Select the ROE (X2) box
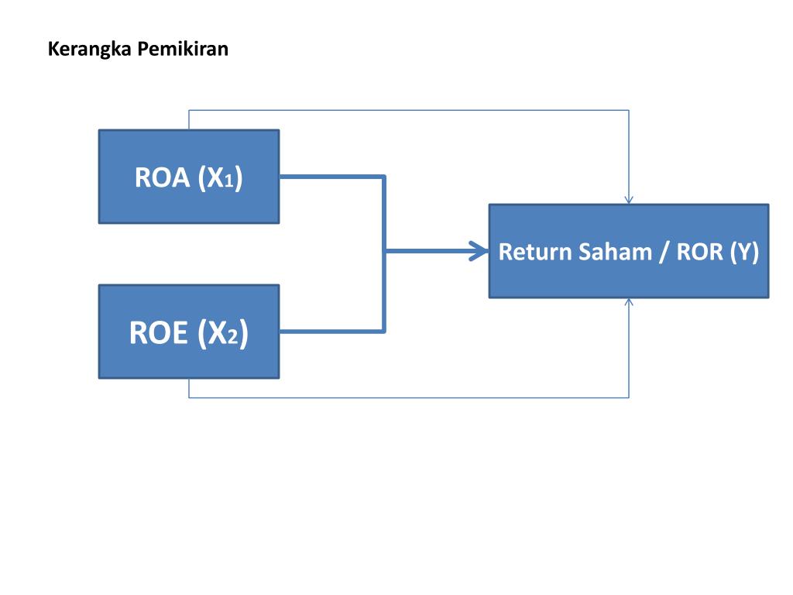[x=189, y=360]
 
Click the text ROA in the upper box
[x=162, y=177]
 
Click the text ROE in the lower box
[x=159, y=333]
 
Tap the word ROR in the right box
[x=699, y=253]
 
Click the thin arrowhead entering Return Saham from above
[x=629, y=199]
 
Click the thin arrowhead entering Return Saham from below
[x=629, y=302]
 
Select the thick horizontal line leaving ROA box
[x=331, y=177]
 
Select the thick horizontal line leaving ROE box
[x=331, y=332]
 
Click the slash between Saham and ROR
[x=664, y=253]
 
